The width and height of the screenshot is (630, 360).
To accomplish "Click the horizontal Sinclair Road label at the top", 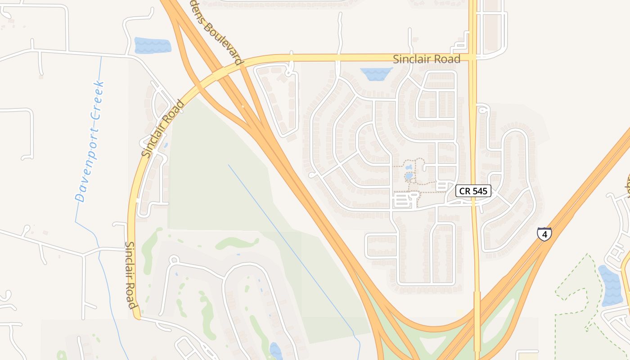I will [427, 59].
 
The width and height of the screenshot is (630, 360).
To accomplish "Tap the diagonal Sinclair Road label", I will [163, 129].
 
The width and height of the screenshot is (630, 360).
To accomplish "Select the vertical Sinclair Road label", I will [130, 275].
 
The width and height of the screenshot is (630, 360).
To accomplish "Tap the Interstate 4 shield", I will [544, 234].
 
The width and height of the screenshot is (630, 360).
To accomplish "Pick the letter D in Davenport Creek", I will [80, 198].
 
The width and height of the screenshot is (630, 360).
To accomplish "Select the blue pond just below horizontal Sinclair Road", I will [377, 74].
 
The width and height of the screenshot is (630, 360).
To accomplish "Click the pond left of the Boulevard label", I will [153, 45].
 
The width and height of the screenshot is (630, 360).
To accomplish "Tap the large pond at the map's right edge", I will [611, 284].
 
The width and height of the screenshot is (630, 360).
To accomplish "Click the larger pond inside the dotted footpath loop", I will [409, 176].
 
